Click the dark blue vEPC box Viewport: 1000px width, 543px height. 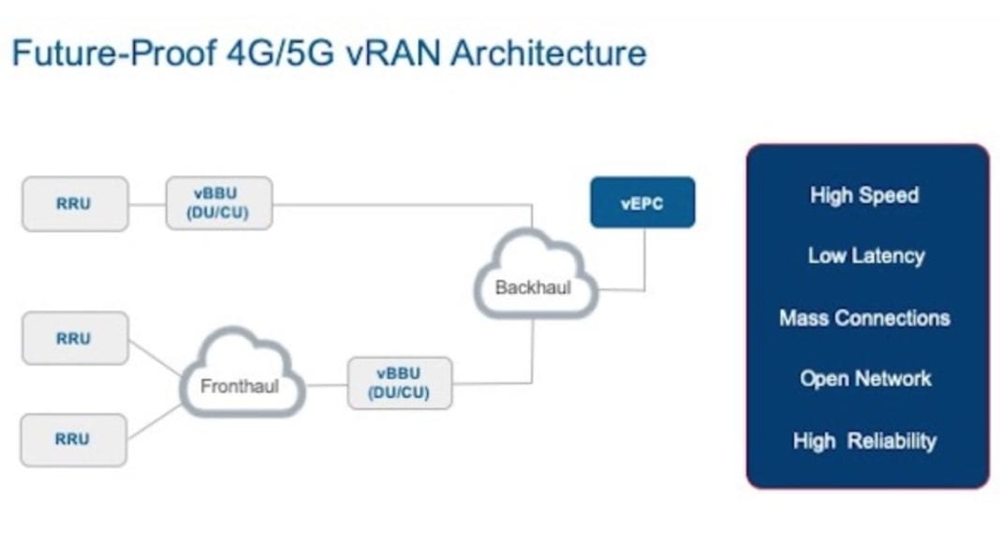pos(642,202)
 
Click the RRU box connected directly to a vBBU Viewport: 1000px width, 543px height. pos(74,203)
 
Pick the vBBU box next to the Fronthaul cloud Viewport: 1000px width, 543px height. pos(400,383)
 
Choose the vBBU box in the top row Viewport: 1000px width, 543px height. pos(220,202)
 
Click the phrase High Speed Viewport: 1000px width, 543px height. pos(864,196)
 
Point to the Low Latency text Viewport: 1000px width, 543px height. pos(866,256)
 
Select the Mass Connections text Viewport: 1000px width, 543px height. pos(864,318)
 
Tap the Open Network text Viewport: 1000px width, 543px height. pos(865,378)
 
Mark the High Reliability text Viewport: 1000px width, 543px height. pos(864,441)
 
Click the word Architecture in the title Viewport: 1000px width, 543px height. pos(548,52)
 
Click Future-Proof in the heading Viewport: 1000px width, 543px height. pos(111,52)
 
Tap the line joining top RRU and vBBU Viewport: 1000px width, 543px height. pos(147,204)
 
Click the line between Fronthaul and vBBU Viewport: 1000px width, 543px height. pos(327,384)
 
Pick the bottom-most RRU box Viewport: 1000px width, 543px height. pos(74,440)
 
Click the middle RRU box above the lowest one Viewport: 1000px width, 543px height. pos(74,338)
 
